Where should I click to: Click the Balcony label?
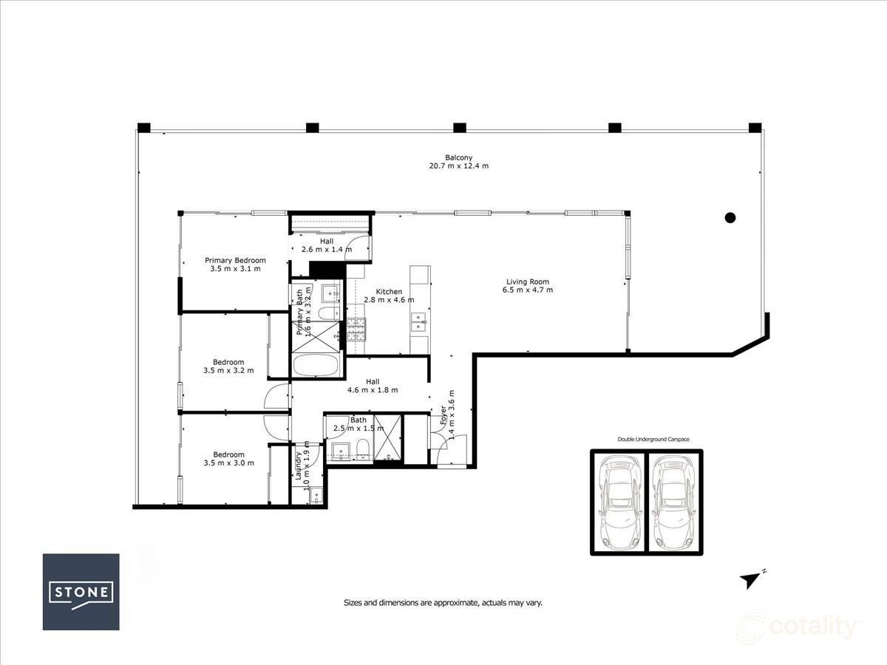(x=459, y=157)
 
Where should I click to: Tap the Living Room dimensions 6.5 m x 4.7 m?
(x=528, y=290)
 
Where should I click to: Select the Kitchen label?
(x=389, y=292)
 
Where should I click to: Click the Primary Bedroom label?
(x=235, y=260)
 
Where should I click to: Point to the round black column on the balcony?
(x=730, y=218)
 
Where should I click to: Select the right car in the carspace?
(x=674, y=502)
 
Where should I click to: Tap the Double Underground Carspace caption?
(x=653, y=440)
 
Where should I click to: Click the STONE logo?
(x=81, y=592)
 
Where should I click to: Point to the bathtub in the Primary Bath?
(x=315, y=365)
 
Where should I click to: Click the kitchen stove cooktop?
(x=356, y=330)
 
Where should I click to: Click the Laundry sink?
(x=316, y=495)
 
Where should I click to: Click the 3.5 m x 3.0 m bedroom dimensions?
(x=228, y=463)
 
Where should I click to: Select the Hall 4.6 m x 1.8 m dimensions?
(x=373, y=390)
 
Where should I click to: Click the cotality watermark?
(x=798, y=627)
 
